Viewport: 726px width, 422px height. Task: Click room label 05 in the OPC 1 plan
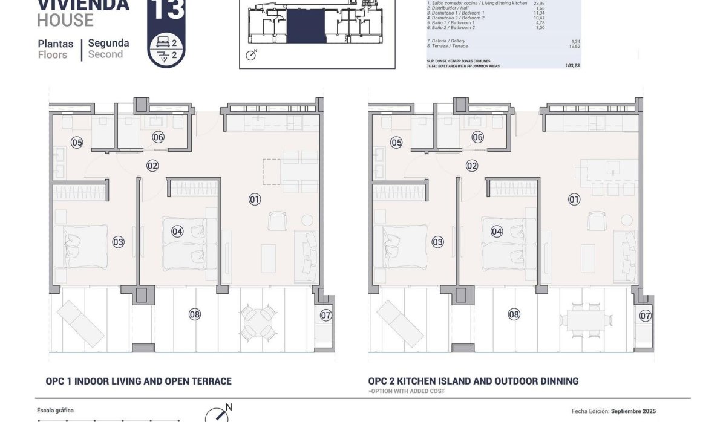[x=77, y=143]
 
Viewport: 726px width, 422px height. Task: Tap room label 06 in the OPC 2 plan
[x=477, y=137]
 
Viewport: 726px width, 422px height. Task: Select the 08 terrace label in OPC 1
[x=194, y=314]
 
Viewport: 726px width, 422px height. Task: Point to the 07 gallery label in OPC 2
[x=646, y=315]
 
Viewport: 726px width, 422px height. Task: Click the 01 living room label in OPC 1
[x=254, y=199]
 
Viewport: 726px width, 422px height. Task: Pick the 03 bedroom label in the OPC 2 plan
[x=437, y=242]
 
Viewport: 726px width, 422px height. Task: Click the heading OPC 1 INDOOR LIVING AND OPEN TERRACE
[x=139, y=381]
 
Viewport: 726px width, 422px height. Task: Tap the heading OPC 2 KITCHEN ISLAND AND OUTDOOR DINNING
[x=473, y=381]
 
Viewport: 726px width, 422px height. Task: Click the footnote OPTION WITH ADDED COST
[x=407, y=391]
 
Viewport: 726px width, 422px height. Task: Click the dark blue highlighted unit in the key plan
[x=306, y=26]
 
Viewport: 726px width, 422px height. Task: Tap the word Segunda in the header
[x=108, y=43]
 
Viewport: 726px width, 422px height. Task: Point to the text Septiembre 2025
[x=633, y=411]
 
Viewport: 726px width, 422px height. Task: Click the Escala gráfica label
[x=55, y=411]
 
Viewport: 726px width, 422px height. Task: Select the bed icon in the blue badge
[x=161, y=43]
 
